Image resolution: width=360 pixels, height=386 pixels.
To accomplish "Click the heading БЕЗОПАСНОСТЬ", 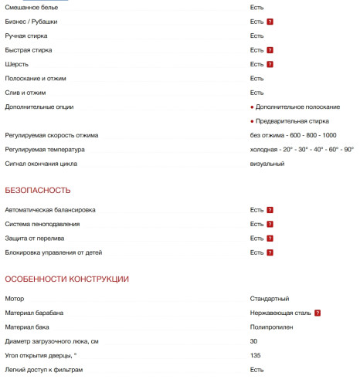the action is tap(38, 190).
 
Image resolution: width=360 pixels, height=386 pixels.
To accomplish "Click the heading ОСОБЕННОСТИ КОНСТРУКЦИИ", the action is tap(67, 279).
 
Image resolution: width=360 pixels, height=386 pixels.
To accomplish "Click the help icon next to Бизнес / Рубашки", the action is tap(270, 22).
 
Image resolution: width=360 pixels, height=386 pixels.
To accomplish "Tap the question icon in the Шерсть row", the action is tap(270, 64).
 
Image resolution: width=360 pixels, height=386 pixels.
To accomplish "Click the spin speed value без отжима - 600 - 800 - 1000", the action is tap(293, 135).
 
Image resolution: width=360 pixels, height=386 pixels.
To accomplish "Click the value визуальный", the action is tap(267, 164).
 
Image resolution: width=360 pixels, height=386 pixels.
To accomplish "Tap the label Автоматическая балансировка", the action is tap(50, 210).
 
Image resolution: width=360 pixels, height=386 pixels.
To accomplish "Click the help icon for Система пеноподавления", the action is tap(270, 225).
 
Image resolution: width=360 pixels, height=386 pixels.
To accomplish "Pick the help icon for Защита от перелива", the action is tap(270, 239).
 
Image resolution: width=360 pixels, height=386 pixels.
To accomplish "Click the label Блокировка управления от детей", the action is tap(53, 252).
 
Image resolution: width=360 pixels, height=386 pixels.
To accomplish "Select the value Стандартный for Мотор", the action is tap(270, 299).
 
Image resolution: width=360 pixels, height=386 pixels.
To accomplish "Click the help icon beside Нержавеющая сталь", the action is tap(318, 313).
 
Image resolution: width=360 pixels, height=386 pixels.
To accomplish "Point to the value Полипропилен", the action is tap(271, 327).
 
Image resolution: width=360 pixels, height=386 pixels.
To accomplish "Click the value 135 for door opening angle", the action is tap(255, 356).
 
